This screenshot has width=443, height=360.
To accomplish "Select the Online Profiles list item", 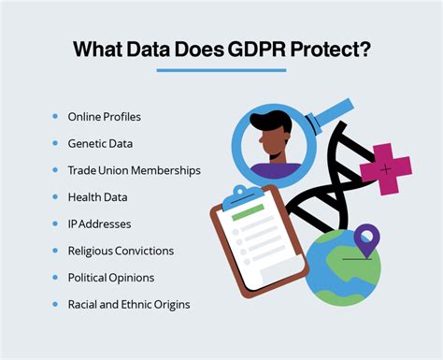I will click(x=105, y=117).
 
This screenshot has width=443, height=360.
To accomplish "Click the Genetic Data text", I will click(x=100, y=144).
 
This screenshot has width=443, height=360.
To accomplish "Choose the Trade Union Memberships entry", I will click(x=134, y=170).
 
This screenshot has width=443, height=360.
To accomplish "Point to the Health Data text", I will click(x=97, y=197).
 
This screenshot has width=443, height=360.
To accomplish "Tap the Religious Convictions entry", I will click(x=121, y=251).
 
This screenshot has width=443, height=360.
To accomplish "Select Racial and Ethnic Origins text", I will click(x=128, y=305).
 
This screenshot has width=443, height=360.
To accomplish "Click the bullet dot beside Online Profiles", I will click(x=56, y=117).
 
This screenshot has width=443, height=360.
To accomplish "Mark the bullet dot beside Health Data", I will click(x=56, y=197).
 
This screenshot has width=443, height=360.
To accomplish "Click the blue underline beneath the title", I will click(x=221, y=70).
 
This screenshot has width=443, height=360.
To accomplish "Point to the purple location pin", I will click(x=364, y=239).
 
